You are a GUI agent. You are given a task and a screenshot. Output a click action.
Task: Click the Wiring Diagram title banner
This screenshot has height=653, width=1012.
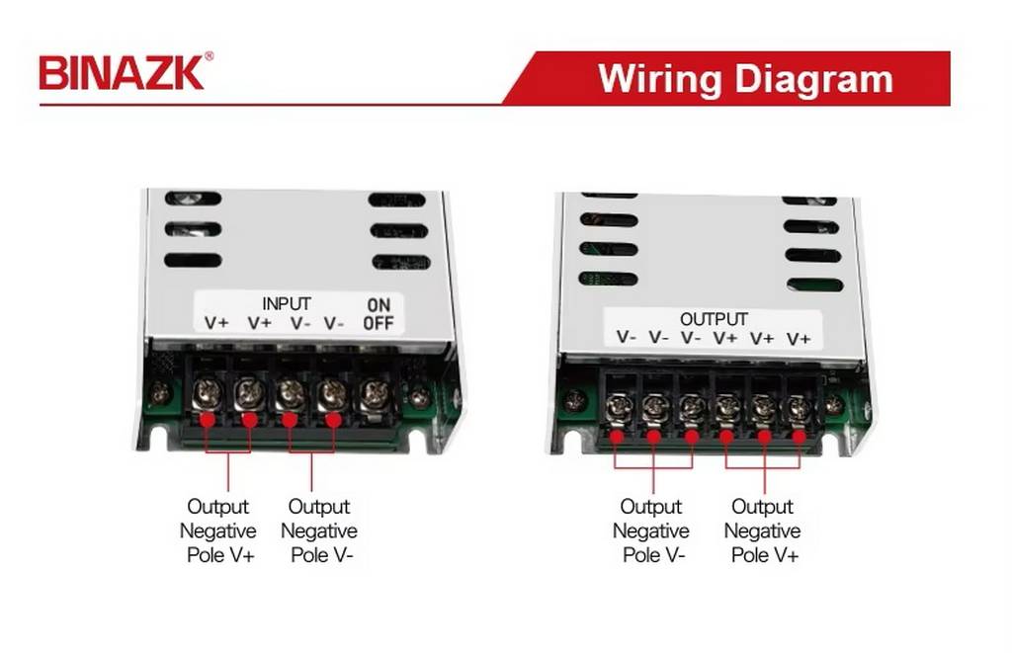[x=745, y=78]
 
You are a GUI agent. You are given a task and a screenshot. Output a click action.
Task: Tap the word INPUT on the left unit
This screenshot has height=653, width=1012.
[x=286, y=303]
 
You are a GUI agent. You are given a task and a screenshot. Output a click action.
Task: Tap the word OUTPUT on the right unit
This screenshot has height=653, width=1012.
[x=714, y=319]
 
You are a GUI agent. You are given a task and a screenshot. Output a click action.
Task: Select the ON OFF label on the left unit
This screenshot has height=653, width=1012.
[x=378, y=314]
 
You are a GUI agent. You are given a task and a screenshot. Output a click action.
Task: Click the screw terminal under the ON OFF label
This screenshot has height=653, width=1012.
[x=376, y=395]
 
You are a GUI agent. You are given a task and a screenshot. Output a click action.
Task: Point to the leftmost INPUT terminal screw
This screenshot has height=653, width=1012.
[x=208, y=393]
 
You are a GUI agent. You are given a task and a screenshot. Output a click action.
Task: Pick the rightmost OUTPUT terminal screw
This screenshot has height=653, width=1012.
[x=798, y=407]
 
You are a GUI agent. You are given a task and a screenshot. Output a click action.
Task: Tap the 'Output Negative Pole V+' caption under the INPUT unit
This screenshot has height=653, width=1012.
[x=218, y=531]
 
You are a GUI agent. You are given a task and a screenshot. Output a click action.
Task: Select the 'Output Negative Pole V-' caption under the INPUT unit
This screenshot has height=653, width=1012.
[x=319, y=531]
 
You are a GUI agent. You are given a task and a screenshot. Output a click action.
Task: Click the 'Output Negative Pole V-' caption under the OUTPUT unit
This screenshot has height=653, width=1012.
[x=651, y=531]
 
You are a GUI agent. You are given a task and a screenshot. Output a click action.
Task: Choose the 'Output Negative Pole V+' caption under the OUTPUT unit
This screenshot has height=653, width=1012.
[x=762, y=531]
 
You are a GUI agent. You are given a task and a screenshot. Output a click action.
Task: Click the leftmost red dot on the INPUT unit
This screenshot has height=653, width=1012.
[x=208, y=420]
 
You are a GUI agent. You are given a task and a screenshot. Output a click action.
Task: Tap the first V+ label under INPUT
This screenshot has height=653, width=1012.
[x=216, y=322]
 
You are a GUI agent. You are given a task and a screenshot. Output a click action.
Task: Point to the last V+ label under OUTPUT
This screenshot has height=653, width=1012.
[x=799, y=339]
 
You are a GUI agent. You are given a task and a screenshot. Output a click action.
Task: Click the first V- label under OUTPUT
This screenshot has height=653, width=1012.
[x=627, y=338]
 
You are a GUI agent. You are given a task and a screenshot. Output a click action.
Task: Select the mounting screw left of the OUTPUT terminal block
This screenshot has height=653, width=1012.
[x=574, y=402]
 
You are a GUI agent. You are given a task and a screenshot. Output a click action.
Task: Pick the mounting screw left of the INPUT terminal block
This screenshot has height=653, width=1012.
[x=159, y=395]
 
